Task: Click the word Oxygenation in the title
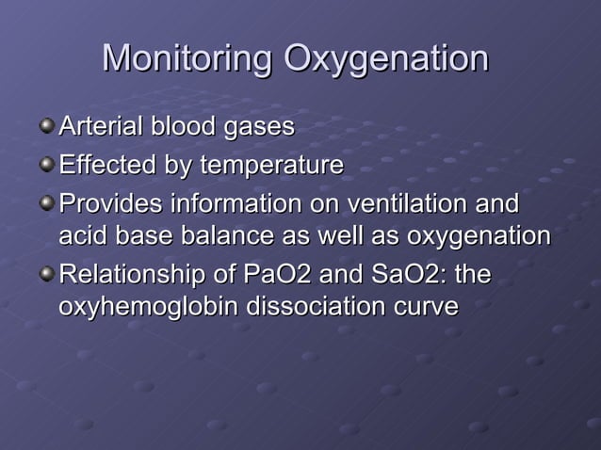click(386, 61)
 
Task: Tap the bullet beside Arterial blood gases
click(47, 124)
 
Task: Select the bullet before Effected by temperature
click(47, 165)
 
